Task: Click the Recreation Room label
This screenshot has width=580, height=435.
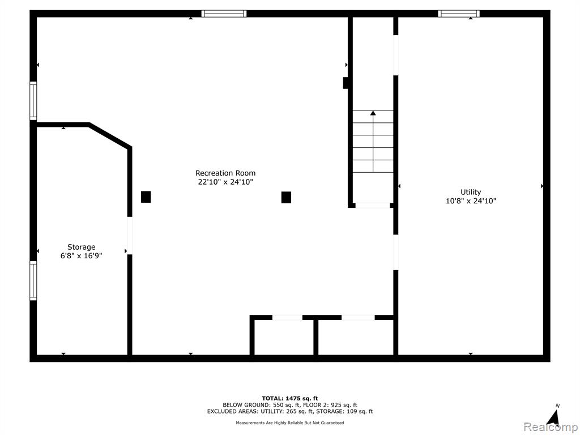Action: tap(225, 173)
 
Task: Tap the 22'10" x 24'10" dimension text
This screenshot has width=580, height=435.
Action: tap(225, 182)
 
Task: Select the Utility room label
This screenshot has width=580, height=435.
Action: tap(471, 193)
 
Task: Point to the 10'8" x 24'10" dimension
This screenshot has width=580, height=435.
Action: tap(471, 201)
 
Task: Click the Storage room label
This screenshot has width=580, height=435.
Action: tap(82, 247)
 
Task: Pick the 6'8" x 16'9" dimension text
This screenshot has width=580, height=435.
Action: tap(82, 255)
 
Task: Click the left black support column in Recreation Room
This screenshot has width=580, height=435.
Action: tap(146, 197)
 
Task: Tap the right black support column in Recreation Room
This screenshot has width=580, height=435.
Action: tap(286, 197)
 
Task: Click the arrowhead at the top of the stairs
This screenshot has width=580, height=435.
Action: tap(373, 113)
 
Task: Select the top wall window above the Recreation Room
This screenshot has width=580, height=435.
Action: tap(224, 14)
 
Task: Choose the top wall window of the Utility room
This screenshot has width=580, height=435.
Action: tap(459, 14)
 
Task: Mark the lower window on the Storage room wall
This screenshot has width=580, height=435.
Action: tap(33, 280)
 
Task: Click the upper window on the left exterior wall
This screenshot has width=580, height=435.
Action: tap(33, 101)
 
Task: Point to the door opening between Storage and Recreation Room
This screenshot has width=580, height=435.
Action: tap(130, 236)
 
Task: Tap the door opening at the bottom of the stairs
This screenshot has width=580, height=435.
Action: tap(373, 205)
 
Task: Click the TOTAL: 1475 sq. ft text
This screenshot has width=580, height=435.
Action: tap(290, 398)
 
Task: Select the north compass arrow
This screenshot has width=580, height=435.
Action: tap(553, 417)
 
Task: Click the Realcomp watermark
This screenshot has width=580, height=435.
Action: tap(551, 427)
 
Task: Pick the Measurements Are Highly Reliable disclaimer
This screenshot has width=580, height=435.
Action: tap(290, 423)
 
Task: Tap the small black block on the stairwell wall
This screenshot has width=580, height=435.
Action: tap(346, 83)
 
